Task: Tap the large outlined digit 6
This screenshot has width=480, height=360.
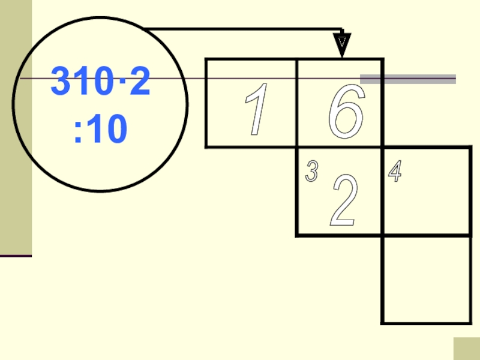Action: point(346,111)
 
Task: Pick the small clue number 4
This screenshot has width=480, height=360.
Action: point(394,172)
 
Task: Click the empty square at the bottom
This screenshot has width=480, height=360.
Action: point(426,280)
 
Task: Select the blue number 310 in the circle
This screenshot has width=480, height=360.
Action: point(84,83)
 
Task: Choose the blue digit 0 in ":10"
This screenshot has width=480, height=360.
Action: point(116,130)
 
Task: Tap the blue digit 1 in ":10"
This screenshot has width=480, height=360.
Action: point(93,130)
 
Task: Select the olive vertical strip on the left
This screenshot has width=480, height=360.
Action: point(16,126)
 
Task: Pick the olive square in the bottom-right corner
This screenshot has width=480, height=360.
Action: point(466,349)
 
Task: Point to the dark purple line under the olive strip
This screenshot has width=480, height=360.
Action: point(16,256)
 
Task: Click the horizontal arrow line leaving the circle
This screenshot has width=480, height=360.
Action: point(240,29)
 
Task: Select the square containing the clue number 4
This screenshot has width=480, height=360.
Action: point(426,191)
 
